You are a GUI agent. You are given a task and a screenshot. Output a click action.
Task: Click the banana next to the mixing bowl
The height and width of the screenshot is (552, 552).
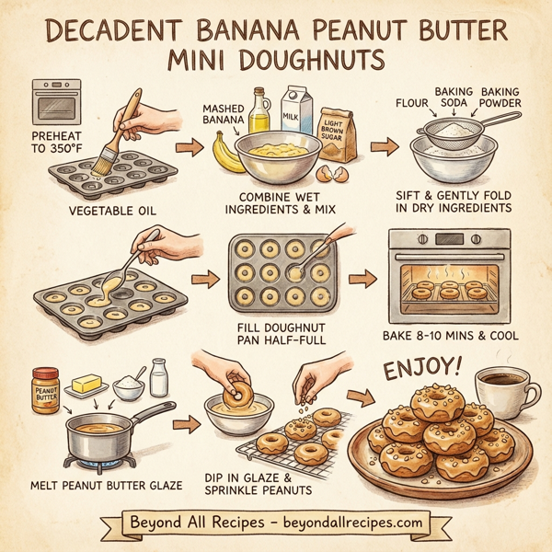pyautogui.click(x=223, y=151)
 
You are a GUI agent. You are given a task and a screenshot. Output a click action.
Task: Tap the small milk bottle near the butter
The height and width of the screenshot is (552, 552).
pyautogui.click(x=157, y=378)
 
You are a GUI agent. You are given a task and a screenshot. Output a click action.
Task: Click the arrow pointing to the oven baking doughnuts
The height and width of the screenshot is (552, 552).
pyautogui.click(x=363, y=278)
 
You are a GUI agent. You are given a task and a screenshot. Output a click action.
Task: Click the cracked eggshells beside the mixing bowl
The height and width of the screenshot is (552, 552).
pyautogui.click(x=327, y=172)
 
